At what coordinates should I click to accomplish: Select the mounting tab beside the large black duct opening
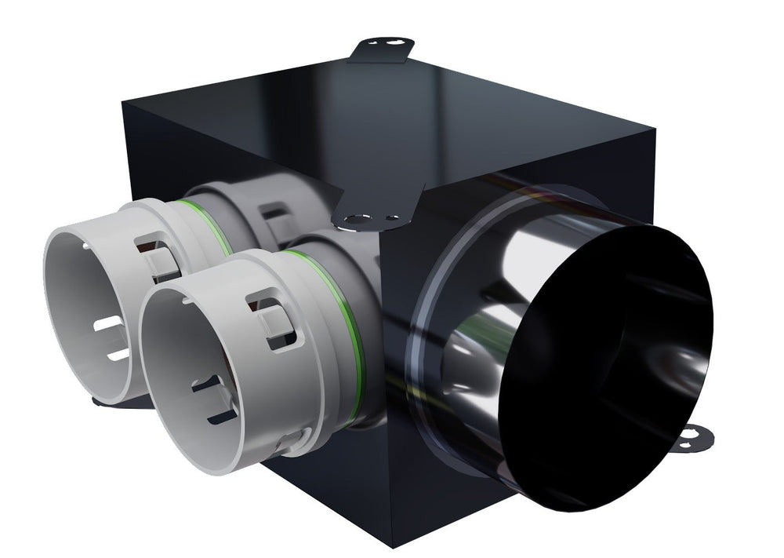point(693,437)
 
